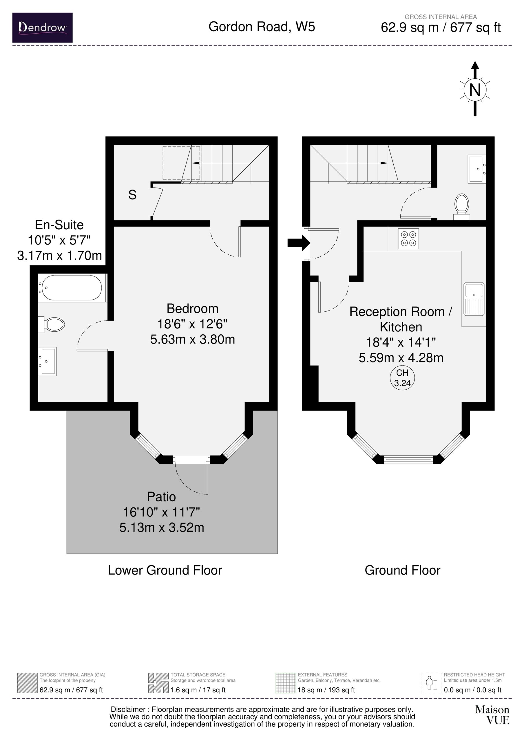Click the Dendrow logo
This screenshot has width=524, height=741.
coord(42,27)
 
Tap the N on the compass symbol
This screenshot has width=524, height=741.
coord(474,90)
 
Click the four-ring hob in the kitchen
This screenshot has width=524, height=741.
coord(408,239)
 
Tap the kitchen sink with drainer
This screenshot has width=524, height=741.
coord(474,299)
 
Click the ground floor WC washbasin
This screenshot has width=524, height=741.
coord(477,169)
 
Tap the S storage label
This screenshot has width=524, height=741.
coord(132,195)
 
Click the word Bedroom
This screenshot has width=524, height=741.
coord(193,309)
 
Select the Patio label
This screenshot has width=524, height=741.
coord(162,497)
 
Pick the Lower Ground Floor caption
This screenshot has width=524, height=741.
coord(165,570)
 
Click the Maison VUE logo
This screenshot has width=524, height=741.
coord(492,715)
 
